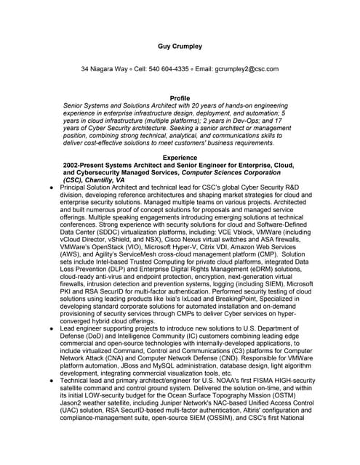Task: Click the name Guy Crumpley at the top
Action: [x=180, y=46]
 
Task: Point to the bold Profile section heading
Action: [x=180, y=97]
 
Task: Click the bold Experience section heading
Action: [x=180, y=158]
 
